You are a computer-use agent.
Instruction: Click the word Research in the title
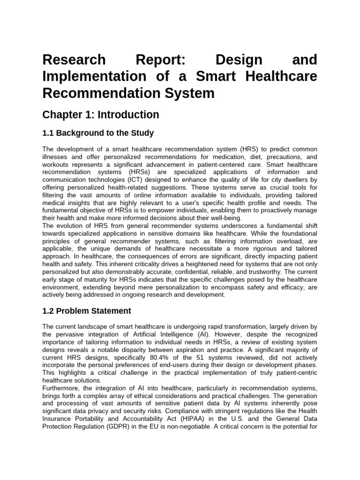(74, 60)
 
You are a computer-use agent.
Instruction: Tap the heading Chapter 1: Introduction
(101, 115)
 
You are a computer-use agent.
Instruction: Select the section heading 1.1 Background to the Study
(98, 133)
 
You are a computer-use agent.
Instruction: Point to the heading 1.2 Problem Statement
(87, 311)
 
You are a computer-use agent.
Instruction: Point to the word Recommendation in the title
(91, 93)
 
